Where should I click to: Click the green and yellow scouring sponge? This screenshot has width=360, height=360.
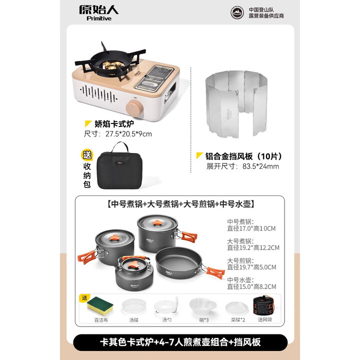(99, 305)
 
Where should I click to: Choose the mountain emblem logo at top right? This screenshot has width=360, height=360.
(237, 13)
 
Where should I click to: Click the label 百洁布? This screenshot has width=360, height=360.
(99, 319)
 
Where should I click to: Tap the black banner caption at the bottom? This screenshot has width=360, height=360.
(180, 342)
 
